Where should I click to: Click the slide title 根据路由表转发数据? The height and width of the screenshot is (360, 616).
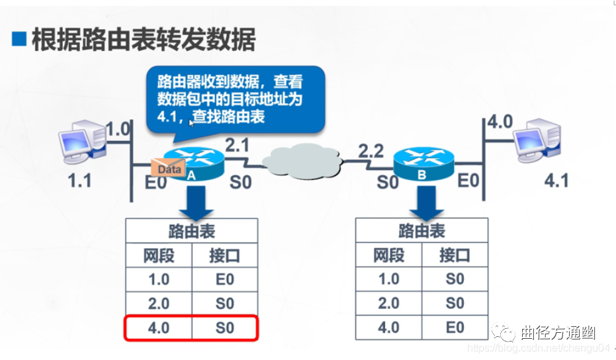(x=142, y=40)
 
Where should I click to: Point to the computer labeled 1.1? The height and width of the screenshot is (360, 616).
(x=81, y=141)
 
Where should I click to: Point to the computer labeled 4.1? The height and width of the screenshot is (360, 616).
(x=539, y=140)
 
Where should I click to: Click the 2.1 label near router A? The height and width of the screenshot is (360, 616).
(x=238, y=144)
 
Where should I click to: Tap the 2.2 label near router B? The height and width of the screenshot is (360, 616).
(x=371, y=151)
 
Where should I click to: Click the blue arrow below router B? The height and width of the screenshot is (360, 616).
(x=421, y=202)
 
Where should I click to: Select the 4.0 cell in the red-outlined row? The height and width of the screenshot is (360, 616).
(x=159, y=328)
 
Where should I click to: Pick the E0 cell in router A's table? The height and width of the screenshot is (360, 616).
(x=224, y=279)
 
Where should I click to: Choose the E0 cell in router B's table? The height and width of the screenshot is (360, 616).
(x=455, y=328)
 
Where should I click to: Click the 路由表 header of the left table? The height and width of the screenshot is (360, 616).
(x=191, y=231)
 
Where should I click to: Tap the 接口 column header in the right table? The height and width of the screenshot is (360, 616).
(x=455, y=255)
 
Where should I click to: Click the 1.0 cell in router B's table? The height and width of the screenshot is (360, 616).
(x=388, y=279)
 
